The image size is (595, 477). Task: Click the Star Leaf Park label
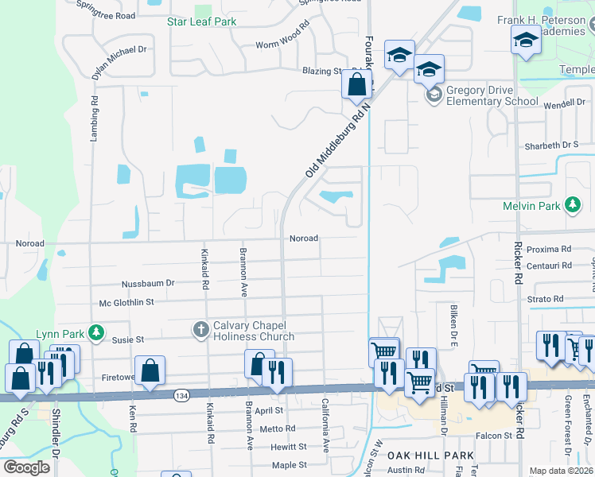[x=201, y=21]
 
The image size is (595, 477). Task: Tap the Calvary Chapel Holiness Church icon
[x=201, y=328]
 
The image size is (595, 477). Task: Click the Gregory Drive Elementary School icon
[x=434, y=95]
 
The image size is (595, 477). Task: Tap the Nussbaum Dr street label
[x=147, y=284]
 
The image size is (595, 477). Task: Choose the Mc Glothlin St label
[x=126, y=302]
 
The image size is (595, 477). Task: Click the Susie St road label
[x=127, y=339]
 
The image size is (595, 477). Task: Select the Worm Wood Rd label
[x=282, y=45]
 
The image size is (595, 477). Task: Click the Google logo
[x=25, y=467]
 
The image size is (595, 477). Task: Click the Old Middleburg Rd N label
[x=339, y=138]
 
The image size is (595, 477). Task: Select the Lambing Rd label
[x=94, y=119]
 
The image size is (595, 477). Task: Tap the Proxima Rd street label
[x=554, y=249]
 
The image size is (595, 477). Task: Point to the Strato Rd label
[x=546, y=299]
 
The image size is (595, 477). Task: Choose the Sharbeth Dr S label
[x=551, y=146]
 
